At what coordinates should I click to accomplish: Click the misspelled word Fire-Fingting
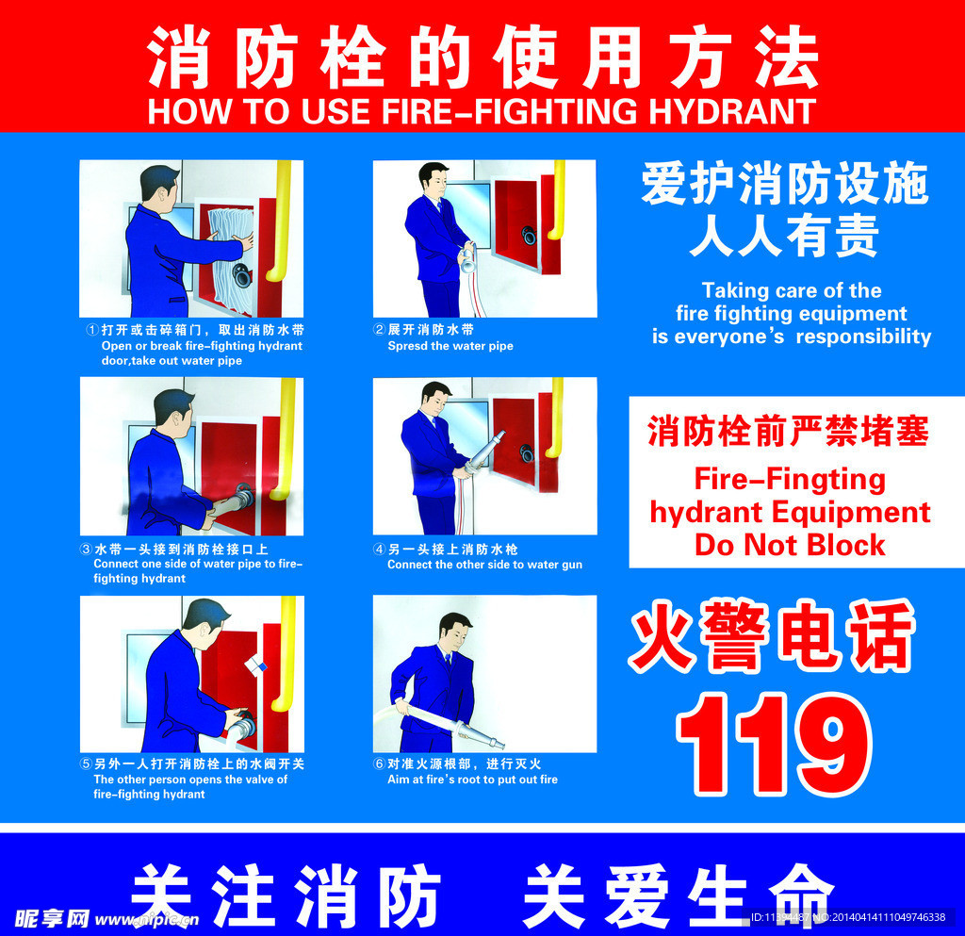(x=790, y=479)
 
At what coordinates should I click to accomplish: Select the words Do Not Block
(x=790, y=545)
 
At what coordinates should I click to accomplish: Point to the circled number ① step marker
(x=91, y=331)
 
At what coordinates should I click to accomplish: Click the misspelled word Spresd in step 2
(x=407, y=346)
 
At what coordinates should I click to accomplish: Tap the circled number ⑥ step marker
(x=380, y=764)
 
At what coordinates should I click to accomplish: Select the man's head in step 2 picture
(x=433, y=179)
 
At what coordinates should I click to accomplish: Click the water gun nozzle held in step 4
(x=488, y=450)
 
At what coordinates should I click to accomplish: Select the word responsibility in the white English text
(x=863, y=337)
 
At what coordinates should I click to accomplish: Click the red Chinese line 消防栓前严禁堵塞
(x=788, y=432)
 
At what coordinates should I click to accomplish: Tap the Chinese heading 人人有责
(x=784, y=237)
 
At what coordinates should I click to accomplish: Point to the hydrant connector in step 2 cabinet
(x=530, y=237)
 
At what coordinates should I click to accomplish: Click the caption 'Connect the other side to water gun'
(x=484, y=565)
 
